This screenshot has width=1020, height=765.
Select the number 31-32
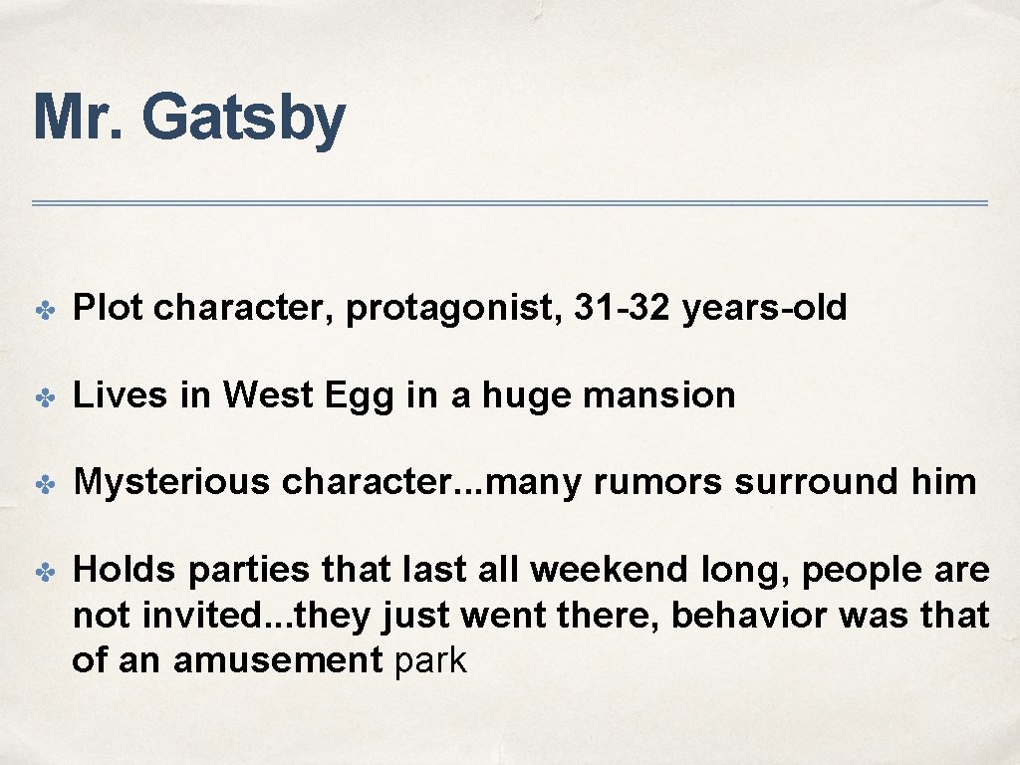[x=624, y=309]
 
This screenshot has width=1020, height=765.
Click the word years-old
[x=765, y=309]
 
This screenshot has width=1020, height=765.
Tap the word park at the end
[x=430, y=660]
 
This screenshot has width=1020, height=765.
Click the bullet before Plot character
[x=43, y=310]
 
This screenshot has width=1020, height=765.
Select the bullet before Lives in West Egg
[x=43, y=397]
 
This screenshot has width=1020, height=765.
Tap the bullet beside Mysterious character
[x=43, y=484]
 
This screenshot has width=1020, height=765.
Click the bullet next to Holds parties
[x=43, y=572]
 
